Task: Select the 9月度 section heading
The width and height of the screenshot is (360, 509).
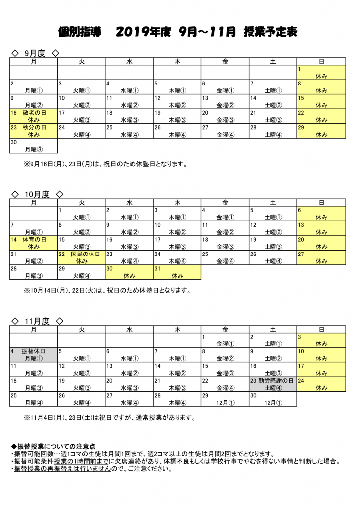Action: [x=35, y=53]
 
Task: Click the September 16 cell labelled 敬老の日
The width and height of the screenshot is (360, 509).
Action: [x=33, y=116]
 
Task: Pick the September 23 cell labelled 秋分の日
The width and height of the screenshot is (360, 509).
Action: [x=33, y=131]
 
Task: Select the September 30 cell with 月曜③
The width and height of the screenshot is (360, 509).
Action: [x=33, y=146]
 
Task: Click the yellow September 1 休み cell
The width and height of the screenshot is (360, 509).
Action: [x=321, y=73]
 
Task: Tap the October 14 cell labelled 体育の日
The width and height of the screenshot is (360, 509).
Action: [x=33, y=243]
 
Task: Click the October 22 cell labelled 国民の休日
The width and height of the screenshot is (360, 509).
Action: [x=81, y=257]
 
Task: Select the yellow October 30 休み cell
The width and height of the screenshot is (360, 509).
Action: [x=129, y=272]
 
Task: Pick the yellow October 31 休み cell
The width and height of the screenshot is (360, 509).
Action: [x=177, y=272]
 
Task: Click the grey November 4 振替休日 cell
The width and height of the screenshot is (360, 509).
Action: [x=33, y=355]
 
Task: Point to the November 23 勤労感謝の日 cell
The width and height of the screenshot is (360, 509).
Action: [x=272, y=384]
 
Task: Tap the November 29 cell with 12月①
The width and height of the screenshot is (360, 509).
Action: [x=225, y=399]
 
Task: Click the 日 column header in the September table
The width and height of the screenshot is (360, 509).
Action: [x=321, y=61]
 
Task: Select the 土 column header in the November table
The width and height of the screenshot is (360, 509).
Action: [x=272, y=329]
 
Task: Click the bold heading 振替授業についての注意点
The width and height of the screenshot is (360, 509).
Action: [x=53, y=447]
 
